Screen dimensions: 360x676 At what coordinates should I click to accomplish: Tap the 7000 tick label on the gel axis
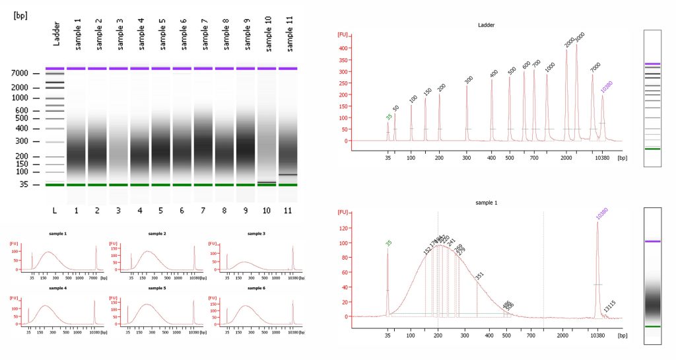pyautogui.click(x=20, y=73)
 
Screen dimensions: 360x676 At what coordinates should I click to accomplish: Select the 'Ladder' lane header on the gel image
pyautogui.click(x=55, y=34)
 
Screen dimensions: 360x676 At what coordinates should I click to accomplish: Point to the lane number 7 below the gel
pyautogui.click(x=203, y=209)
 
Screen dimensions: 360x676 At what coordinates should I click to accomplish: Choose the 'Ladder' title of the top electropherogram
pyautogui.click(x=487, y=25)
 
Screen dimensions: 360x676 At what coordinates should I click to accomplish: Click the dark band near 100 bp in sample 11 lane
pyautogui.click(x=288, y=175)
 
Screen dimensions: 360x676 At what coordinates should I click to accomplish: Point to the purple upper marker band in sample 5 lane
pyautogui.click(x=161, y=68)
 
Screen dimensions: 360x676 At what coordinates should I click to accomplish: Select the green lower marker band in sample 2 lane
pyautogui.click(x=98, y=185)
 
